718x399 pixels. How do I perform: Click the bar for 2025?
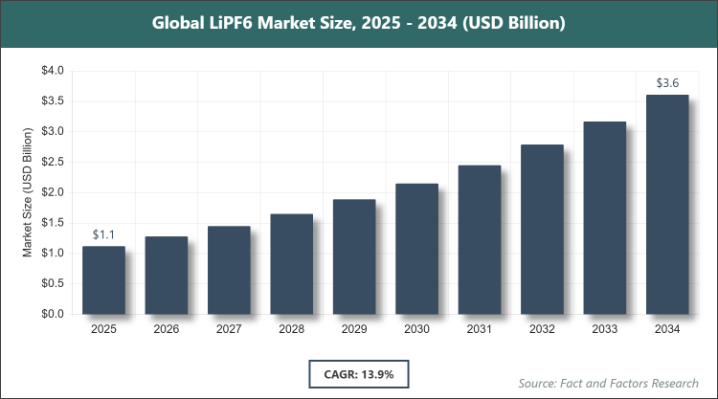click(x=103, y=279)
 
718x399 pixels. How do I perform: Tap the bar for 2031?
click(x=480, y=239)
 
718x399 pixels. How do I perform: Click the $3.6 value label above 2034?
click(x=667, y=83)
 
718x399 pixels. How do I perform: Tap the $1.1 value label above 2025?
click(x=103, y=234)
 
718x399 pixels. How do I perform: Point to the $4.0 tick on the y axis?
click(x=52, y=71)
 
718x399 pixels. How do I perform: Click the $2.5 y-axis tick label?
click(x=52, y=162)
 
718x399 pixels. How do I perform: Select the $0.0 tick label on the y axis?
click(x=52, y=314)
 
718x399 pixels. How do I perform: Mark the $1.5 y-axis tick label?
click(x=52, y=223)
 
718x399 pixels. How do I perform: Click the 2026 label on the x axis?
click(x=166, y=329)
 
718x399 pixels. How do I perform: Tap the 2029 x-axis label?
click(x=354, y=329)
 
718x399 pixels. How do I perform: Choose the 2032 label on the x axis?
click(x=542, y=329)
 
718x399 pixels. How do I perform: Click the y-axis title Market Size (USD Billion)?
click(x=29, y=192)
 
